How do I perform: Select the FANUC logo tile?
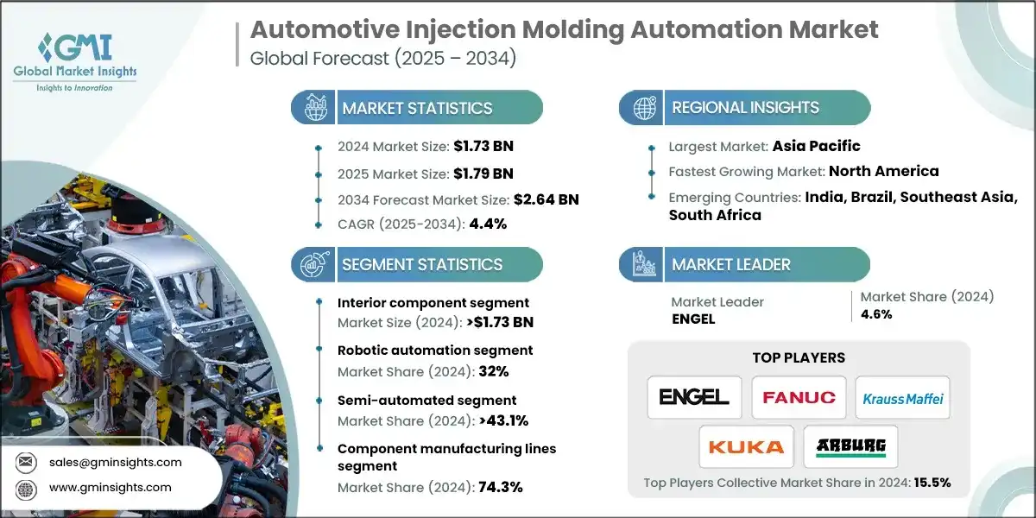(799, 397)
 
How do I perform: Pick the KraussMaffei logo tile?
(902, 398)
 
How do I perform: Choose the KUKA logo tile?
(746, 446)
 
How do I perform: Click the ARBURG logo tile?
(850, 446)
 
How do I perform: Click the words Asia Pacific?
(817, 146)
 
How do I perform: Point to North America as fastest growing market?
(884, 171)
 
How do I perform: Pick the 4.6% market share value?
(876, 314)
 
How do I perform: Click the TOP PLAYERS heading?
(799, 357)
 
